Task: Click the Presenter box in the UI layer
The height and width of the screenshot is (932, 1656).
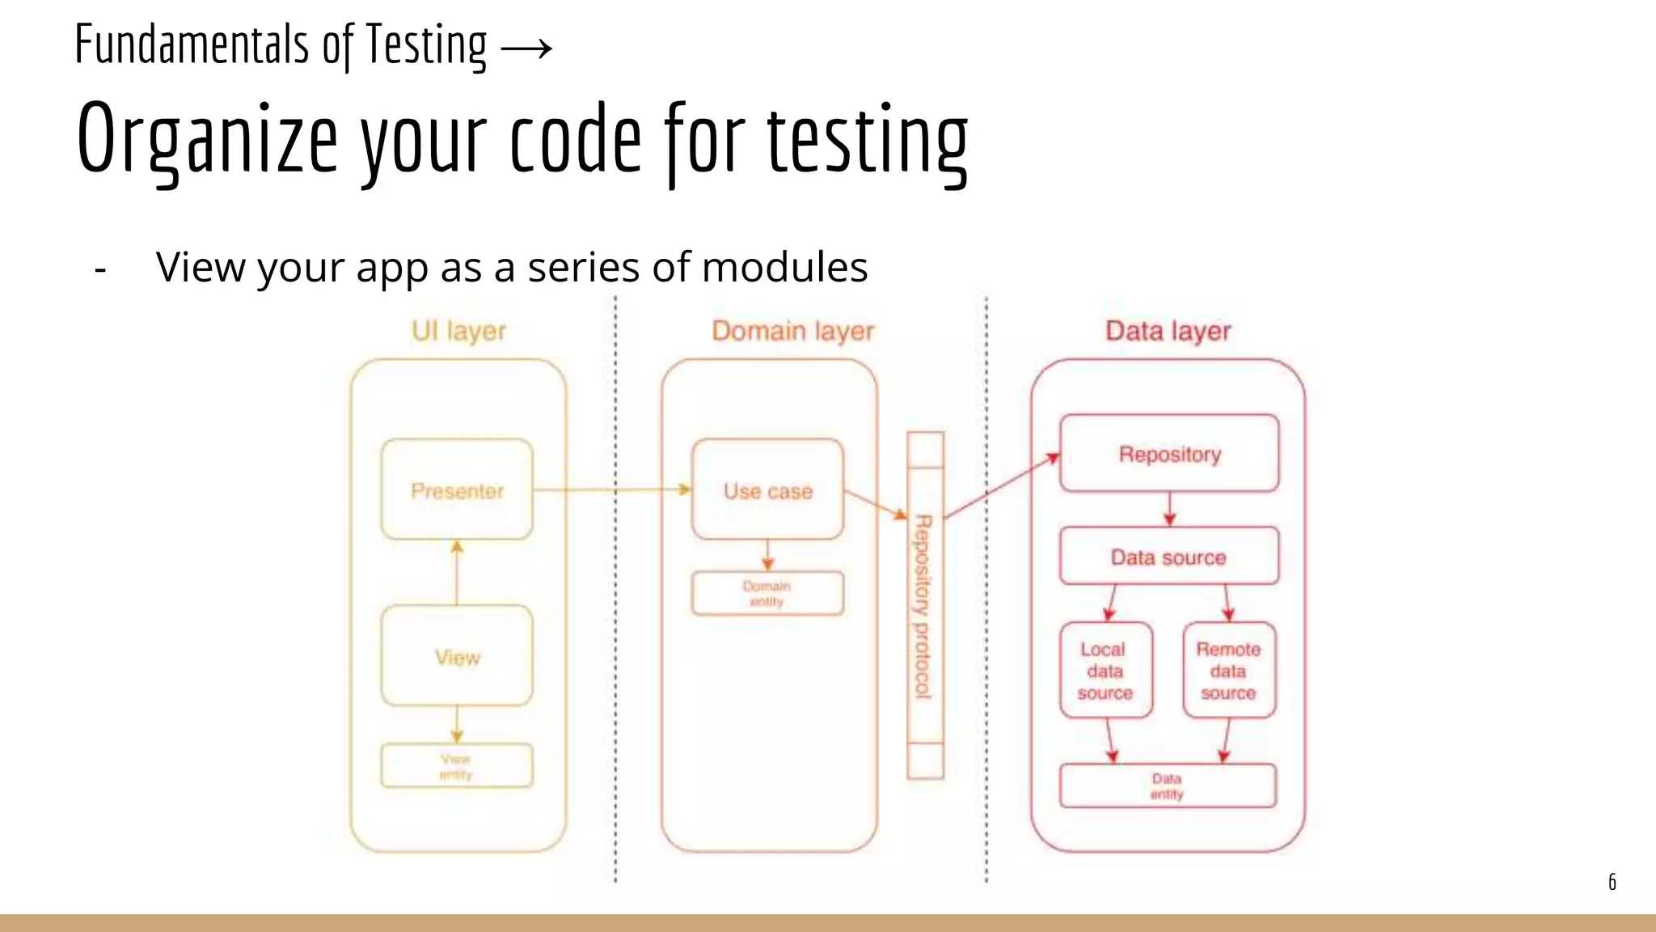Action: tap(457, 490)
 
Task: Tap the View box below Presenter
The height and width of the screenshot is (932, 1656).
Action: tap(457, 656)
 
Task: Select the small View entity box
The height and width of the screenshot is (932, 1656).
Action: tap(457, 765)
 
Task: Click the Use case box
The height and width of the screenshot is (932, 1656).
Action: tap(767, 490)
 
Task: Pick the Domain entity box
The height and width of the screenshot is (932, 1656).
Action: tap(767, 593)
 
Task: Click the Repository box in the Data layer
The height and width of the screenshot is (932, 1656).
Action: tap(1169, 454)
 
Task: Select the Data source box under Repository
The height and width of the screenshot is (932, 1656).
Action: tap(1169, 557)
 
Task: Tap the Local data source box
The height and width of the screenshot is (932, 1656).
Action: tap(1105, 670)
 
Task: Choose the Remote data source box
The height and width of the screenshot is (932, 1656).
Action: tap(1228, 670)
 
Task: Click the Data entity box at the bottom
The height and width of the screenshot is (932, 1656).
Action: tap(1168, 786)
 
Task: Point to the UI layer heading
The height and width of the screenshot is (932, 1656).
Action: tap(458, 330)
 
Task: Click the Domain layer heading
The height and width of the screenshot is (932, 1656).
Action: tap(792, 330)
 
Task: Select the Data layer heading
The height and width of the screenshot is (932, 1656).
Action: tap(1168, 330)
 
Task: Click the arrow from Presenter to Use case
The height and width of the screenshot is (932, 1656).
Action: tap(612, 489)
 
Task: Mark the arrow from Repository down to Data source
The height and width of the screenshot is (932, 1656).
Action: tap(1169, 510)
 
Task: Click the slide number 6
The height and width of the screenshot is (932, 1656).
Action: tap(1612, 882)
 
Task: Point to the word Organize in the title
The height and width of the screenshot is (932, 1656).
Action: tap(207, 138)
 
